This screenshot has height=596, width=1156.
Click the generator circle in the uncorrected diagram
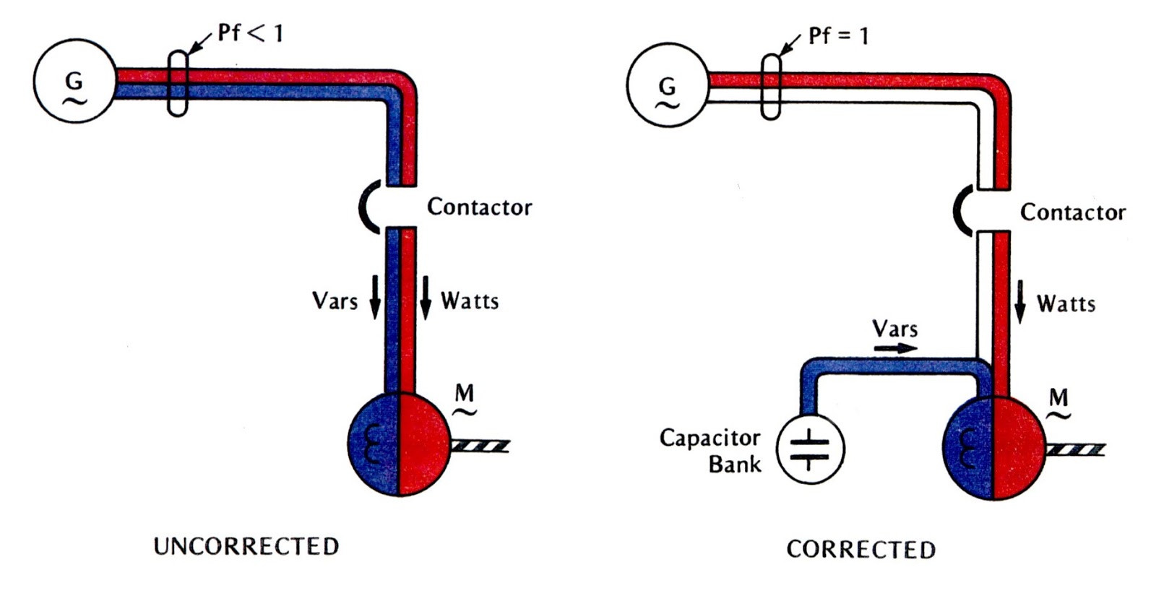(74, 82)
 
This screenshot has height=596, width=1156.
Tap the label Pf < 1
(250, 33)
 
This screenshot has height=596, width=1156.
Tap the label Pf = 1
(838, 35)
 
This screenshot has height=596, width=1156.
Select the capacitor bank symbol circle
(810, 449)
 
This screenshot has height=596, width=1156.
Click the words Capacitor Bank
(710, 450)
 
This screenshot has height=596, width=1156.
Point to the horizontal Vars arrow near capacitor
(895, 348)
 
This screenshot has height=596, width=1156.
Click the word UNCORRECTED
(246, 546)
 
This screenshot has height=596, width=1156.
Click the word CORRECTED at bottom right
(860, 550)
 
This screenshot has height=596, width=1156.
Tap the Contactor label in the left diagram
(479, 207)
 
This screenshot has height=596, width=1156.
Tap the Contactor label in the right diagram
(1072, 212)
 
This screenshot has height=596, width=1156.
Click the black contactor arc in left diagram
(366, 207)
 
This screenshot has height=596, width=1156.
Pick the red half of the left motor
(423, 444)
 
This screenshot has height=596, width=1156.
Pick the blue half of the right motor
(968, 448)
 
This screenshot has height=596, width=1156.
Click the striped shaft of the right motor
(1074, 450)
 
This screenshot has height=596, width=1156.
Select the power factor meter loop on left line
(177, 83)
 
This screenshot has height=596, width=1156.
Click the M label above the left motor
(464, 394)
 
